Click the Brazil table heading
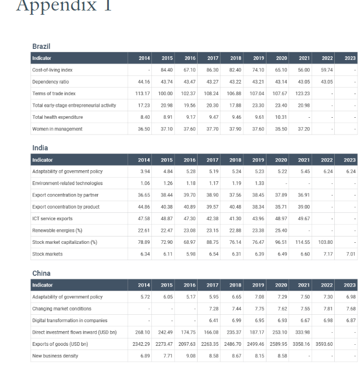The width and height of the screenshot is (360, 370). tap(41, 47)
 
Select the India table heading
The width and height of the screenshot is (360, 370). tap(40, 148)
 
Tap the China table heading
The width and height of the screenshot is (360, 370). tap(42, 273)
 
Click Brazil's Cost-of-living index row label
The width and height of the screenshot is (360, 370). tap(53, 70)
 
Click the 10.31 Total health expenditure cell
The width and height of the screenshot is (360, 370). tap(281, 117)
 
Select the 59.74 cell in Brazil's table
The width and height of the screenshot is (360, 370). tap(326, 70)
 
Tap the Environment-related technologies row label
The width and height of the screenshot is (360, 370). tap(67, 183)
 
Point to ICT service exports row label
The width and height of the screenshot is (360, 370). tap(53, 219)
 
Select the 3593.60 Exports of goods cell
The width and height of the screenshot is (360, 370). tap(323, 344)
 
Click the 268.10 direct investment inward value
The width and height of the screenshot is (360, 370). tap(142, 332)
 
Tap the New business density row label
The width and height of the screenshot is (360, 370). tap(55, 356)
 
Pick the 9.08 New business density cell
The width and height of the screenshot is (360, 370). tap(190, 356)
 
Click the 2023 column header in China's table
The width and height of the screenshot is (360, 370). tap(349, 285)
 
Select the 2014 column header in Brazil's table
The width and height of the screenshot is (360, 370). tap(144, 58)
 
